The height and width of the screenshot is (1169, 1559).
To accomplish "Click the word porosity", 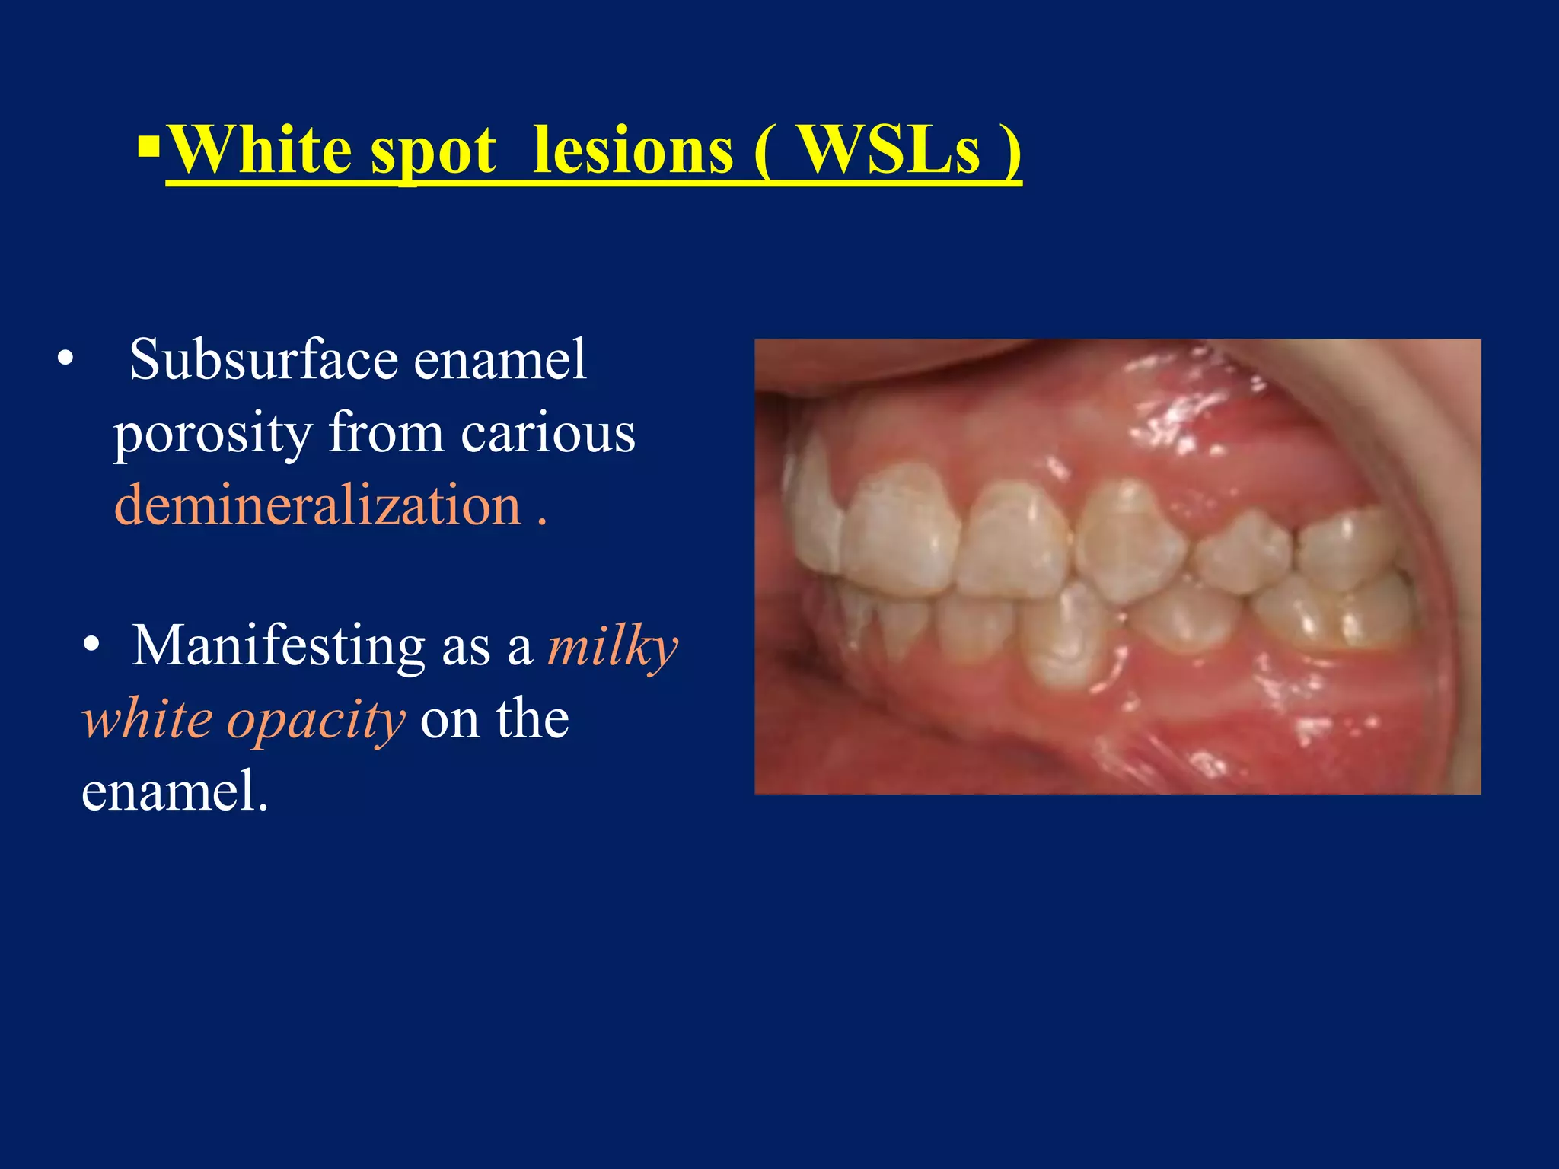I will tap(212, 434).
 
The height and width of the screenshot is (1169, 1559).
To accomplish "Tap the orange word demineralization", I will tap(317, 505).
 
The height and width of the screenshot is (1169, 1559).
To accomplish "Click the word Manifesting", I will tap(278, 646).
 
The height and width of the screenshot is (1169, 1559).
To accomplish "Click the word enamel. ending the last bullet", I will tap(174, 792).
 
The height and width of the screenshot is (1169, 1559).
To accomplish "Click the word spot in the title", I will tap(433, 152).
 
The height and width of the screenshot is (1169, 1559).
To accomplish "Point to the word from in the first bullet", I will tap(386, 434).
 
